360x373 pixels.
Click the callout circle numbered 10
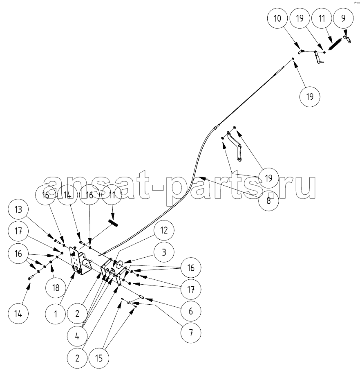pyautogui.click(x=277, y=18)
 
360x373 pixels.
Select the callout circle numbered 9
pyautogui.click(x=343, y=18)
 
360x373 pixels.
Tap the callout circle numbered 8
pyautogui.click(x=268, y=201)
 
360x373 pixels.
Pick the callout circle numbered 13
pyautogui.click(x=18, y=209)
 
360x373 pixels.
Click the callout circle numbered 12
pyautogui.click(x=164, y=230)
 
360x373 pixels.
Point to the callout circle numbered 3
pyautogui.click(x=164, y=252)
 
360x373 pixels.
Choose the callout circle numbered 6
pyautogui.click(x=191, y=311)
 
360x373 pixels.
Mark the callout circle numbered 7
pyautogui.click(x=191, y=333)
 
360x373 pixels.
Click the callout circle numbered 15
pyautogui.click(x=99, y=358)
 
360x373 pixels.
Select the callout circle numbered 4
pyautogui.click(x=77, y=336)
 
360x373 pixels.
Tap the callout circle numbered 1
pyautogui.click(x=56, y=314)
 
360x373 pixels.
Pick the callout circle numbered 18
pyautogui.click(x=56, y=288)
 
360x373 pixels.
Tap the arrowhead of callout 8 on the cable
pyautogui.click(x=199, y=178)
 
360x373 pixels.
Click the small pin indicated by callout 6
pyautogui.click(x=142, y=297)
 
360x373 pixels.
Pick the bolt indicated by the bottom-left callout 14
pyautogui.click(x=29, y=278)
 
